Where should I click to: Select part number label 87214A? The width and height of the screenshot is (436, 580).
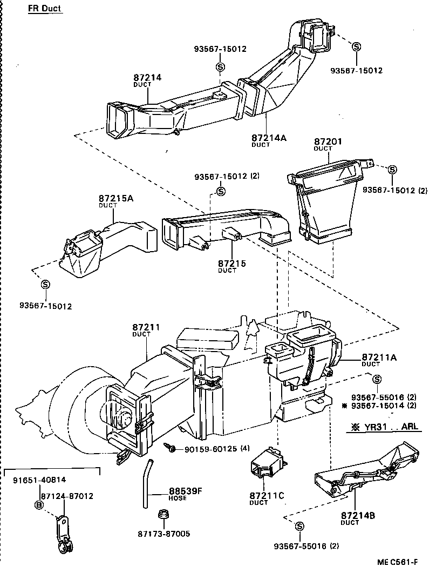tap(268, 138)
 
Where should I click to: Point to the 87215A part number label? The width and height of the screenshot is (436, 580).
tap(115, 198)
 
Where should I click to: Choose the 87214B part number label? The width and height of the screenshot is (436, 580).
tap(358, 515)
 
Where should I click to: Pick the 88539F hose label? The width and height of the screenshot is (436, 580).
tap(185, 491)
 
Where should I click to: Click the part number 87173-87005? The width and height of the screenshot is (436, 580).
tap(164, 534)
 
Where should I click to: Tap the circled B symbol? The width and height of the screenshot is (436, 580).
tap(38, 505)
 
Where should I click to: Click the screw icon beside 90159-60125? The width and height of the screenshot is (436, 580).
tap(171, 448)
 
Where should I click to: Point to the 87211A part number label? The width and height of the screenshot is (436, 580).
tap(379, 357)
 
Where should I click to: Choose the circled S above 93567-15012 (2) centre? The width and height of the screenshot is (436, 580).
tap(220, 191)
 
